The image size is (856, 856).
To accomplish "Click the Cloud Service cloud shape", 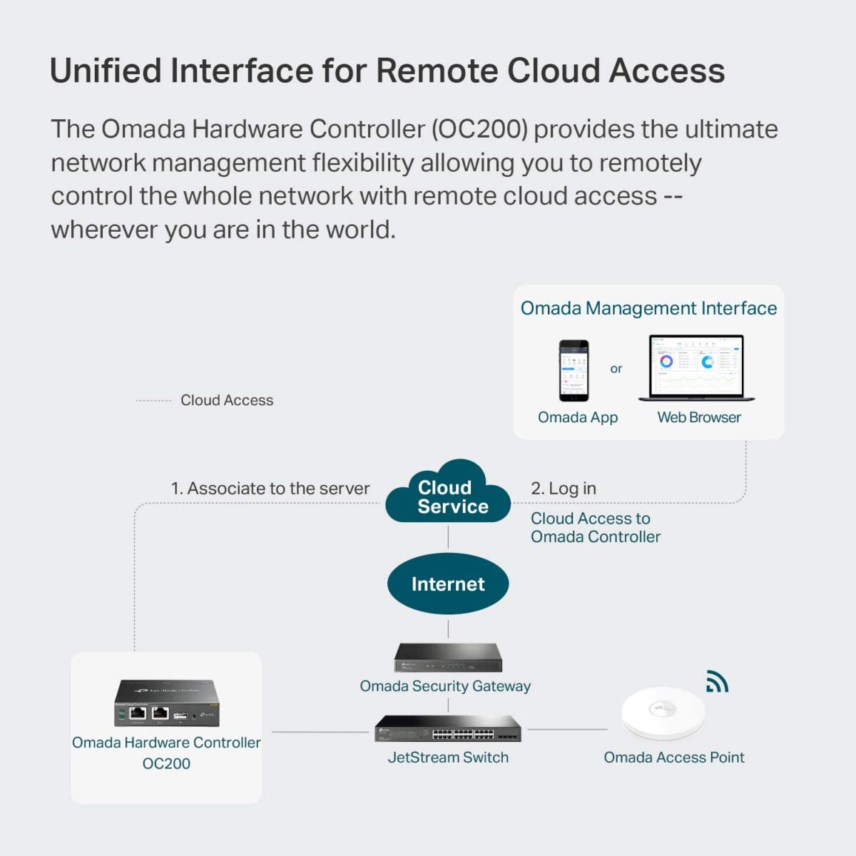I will tap(448, 494).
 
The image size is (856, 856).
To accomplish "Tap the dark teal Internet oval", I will tap(448, 584).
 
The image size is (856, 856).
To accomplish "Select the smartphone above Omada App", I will tap(574, 370).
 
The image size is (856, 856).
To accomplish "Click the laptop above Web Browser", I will tap(696, 368).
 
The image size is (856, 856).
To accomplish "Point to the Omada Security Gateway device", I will tap(448, 657).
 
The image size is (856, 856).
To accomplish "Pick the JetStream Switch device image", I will tap(448, 729).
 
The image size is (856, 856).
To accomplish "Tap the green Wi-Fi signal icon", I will tap(716, 682).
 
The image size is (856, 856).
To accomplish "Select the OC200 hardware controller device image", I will tap(167, 703).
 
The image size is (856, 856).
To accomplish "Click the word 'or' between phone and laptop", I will tap(616, 369).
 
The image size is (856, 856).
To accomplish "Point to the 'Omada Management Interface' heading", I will tap(648, 308).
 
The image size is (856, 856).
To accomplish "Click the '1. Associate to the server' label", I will tap(270, 489).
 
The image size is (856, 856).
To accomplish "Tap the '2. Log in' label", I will tap(564, 489).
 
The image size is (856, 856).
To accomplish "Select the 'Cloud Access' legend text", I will tap(227, 400).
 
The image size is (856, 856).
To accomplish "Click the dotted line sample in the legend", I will tap(153, 401).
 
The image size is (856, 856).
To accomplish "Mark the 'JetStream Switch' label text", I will tap(448, 758).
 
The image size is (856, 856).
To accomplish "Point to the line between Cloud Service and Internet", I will tap(448, 536).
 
